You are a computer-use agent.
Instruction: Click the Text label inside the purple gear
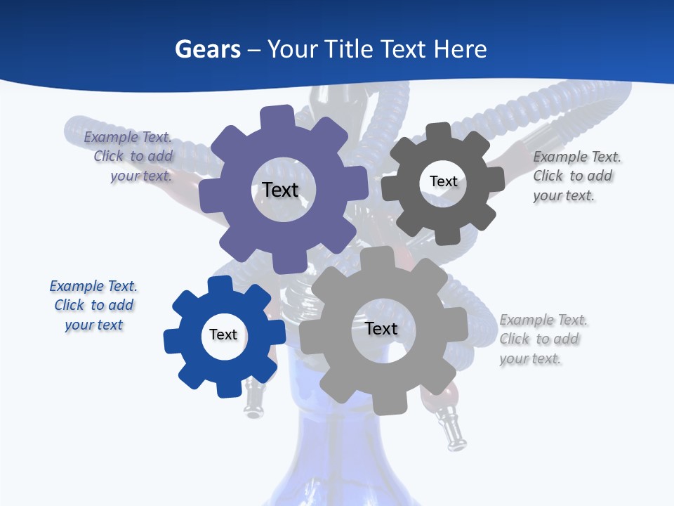[280, 190]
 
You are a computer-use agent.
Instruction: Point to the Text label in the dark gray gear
[443, 181]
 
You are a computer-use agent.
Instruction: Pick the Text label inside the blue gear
[223, 335]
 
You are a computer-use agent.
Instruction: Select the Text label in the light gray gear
[381, 328]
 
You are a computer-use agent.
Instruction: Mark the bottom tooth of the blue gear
[227, 387]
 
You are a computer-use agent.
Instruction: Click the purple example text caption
[131, 157]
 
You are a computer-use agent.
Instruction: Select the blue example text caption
[93, 305]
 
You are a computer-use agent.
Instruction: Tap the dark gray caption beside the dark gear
[576, 176]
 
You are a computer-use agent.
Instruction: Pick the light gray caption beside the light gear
[542, 339]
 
